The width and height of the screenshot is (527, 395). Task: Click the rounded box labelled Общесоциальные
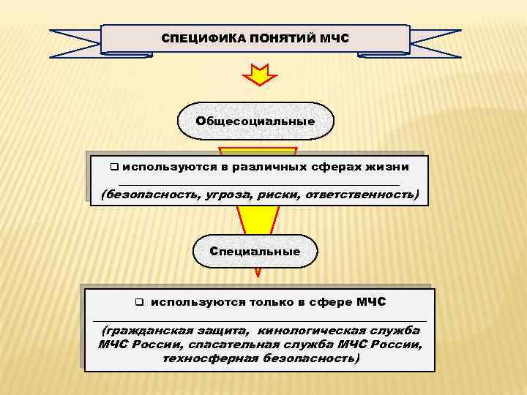coord(255,121)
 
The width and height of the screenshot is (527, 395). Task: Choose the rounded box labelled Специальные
coord(255,251)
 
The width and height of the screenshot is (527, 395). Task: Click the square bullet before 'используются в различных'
coord(114,167)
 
